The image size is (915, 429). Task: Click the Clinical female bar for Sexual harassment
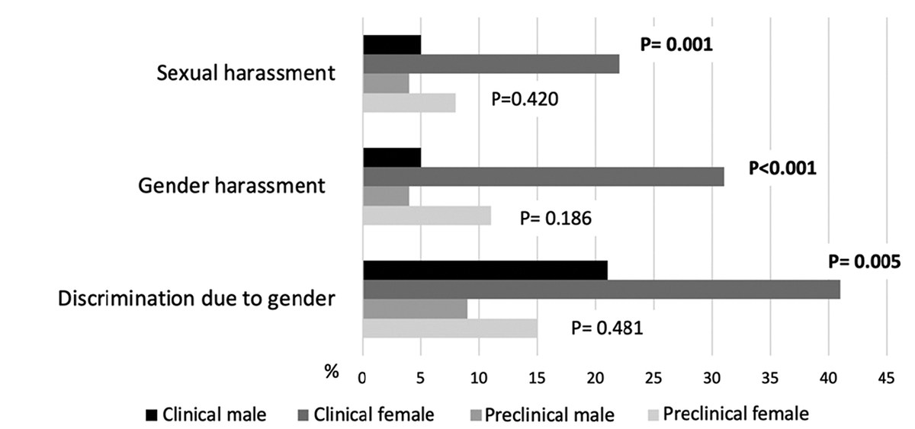(x=490, y=64)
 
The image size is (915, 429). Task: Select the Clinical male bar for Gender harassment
(x=392, y=158)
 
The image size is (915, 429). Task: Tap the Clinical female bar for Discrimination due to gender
(x=601, y=290)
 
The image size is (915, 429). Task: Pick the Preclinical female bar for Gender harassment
(x=426, y=216)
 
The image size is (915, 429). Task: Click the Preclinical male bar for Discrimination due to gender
(x=415, y=309)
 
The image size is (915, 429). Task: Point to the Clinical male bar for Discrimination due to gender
(x=485, y=270)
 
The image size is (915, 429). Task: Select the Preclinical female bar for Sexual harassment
(x=409, y=103)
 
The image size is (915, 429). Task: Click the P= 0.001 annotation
(x=676, y=45)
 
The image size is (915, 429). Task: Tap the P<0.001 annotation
(x=782, y=167)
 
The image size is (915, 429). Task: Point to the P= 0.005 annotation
(x=865, y=262)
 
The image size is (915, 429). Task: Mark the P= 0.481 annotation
(x=606, y=328)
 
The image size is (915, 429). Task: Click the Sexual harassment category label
(x=246, y=74)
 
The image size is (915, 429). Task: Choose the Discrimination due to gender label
(x=197, y=298)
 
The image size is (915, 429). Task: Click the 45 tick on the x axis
(x=886, y=376)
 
